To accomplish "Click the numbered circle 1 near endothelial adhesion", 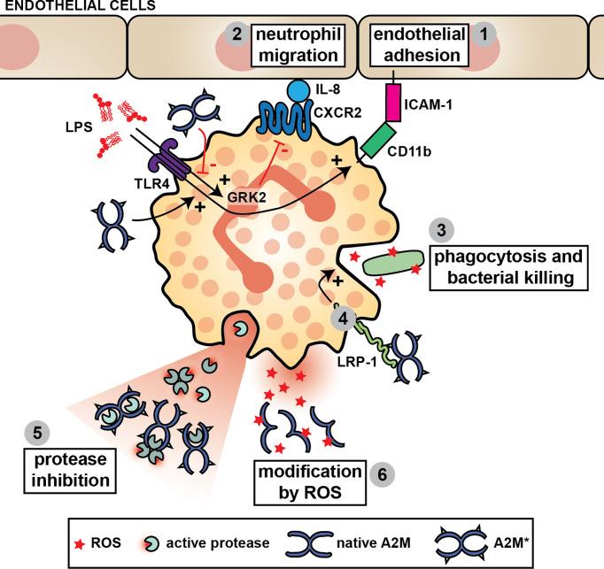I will tap(484, 34).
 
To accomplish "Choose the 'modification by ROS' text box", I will tap(309, 478).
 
